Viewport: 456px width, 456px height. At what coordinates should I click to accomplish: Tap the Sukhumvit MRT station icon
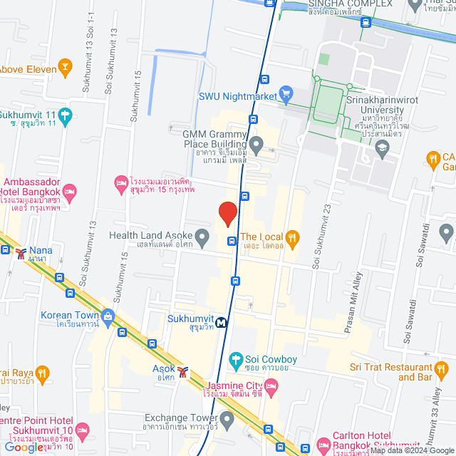click(x=222, y=321)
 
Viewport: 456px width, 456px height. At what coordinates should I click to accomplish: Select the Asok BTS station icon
click(x=183, y=370)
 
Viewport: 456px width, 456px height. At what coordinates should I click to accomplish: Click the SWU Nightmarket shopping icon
click(x=286, y=93)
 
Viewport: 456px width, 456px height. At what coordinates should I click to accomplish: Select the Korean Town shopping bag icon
click(x=108, y=315)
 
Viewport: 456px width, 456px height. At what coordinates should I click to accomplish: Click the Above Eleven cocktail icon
click(x=66, y=68)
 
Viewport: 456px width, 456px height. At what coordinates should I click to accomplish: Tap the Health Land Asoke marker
click(x=202, y=236)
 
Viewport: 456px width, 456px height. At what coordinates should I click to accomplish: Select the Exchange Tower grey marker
click(x=227, y=418)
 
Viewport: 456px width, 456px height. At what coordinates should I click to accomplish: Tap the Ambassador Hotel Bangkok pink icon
click(x=69, y=192)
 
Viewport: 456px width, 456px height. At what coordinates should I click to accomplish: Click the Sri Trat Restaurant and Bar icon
click(x=442, y=368)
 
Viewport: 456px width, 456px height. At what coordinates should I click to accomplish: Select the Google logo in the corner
click(x=23, y=447)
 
